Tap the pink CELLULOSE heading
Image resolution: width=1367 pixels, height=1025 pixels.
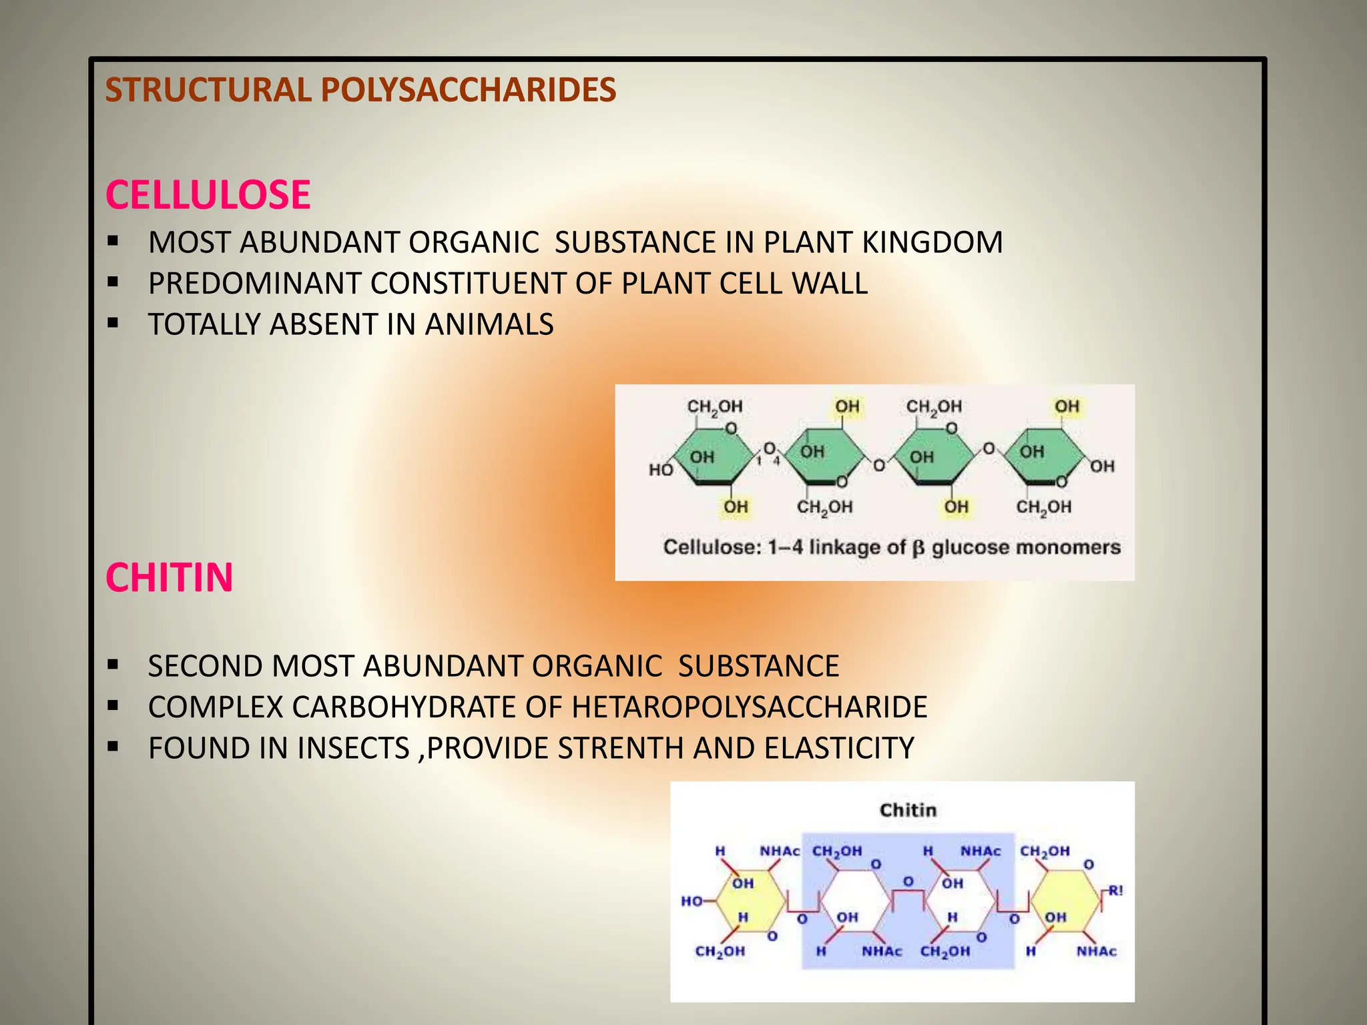tap(208, 195)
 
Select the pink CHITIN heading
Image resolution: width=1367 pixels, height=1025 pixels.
tap(169, 577)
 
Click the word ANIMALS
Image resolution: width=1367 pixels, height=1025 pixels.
tap(489, 325)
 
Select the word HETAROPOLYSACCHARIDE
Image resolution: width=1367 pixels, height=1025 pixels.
tap(749, 707)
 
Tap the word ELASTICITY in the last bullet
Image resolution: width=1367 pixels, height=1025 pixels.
tap(839, 748)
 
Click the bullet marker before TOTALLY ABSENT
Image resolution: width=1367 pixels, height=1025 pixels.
tap(113, 324)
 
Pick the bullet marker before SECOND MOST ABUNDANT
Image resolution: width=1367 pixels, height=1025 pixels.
tap(113, 665)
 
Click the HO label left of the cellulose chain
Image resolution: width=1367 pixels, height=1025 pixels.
tap(661, 470)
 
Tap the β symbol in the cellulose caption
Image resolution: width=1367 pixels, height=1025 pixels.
tap(918, 549)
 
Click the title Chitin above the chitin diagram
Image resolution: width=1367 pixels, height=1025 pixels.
tap(908, 810)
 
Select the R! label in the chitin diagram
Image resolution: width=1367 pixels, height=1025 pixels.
tap(1115, 891)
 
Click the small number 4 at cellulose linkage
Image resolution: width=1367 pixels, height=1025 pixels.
tap(776, 460)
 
